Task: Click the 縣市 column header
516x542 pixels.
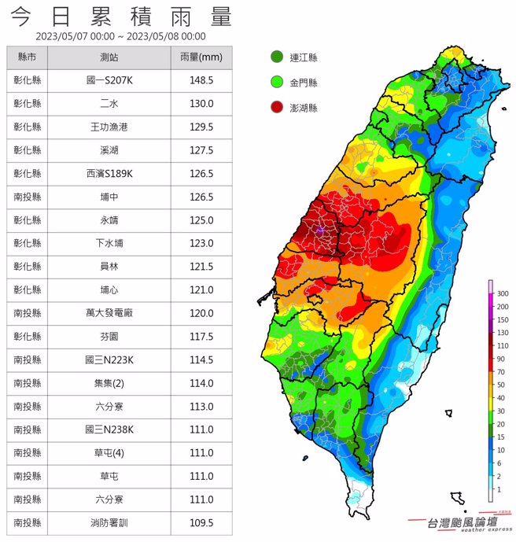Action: tap(28, 58)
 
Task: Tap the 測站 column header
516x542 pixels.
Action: tap(109, 58)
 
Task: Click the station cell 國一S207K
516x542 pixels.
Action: tap(109, 80)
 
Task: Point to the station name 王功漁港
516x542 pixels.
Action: tap(109, 127)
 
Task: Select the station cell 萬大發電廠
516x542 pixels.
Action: tap(109, 313)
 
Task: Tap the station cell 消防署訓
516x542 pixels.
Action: tap(109, 522)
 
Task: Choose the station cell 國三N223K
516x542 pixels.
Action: tap(109, 359)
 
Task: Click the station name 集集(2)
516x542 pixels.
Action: tap(109, 383)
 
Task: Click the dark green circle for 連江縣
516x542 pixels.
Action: tap(276, 57)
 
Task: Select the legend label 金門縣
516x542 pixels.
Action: tap(304, 82)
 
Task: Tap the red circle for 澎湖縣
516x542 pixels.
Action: tap(276, 107)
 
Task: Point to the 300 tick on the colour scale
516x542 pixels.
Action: tap(501, 293)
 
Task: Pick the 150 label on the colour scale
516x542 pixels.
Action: tap(501, 319)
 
